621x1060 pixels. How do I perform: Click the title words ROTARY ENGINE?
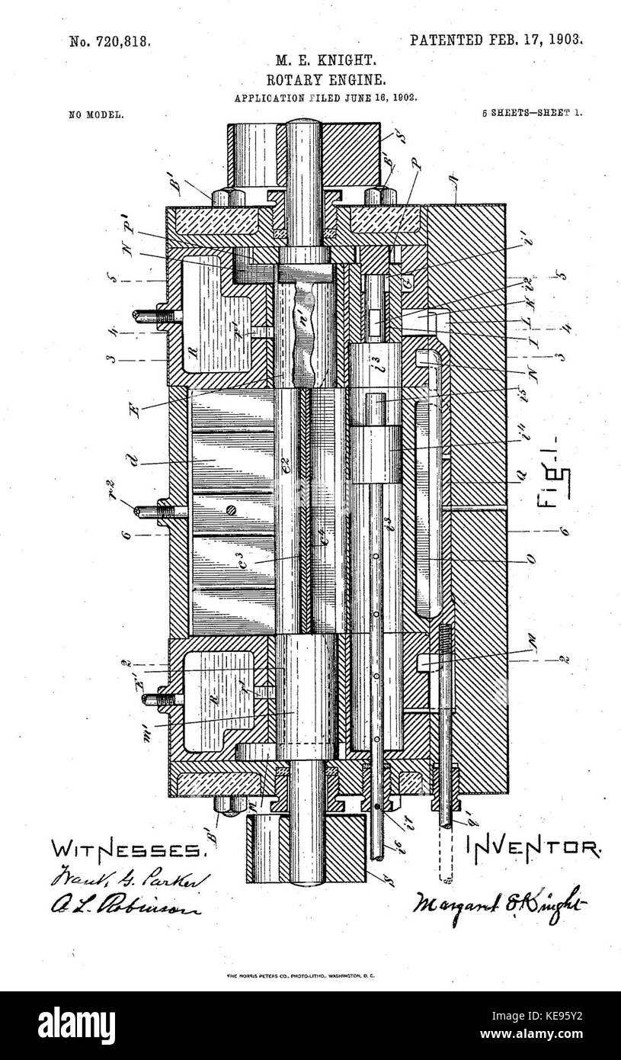coord(315,79)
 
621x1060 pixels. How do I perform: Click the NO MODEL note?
coord(97,114)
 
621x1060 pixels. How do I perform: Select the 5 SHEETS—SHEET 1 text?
coord(531,112)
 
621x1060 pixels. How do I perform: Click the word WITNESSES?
coord(127,849)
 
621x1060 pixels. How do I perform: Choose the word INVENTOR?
coord(532,846)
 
